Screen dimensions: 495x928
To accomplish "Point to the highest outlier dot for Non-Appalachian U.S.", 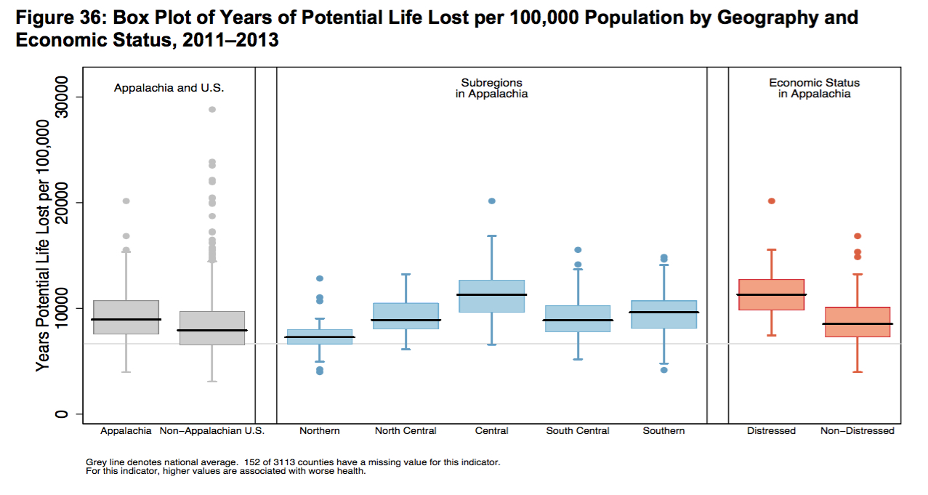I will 212,109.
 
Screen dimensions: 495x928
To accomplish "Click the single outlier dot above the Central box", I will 492,201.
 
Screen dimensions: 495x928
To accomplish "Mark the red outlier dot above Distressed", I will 771,201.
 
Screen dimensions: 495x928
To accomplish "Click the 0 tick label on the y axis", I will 61,414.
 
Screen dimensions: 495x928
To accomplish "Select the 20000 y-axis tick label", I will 61,202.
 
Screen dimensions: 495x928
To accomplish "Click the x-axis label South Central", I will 578,431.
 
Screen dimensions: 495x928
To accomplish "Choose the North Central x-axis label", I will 406,431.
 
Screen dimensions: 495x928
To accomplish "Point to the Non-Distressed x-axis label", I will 858,431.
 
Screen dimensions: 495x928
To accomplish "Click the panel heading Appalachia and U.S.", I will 169,88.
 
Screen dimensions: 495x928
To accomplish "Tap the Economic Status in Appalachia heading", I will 814,88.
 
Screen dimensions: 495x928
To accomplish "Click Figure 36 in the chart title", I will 55,17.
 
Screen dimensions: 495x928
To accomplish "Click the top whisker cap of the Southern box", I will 663,265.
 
